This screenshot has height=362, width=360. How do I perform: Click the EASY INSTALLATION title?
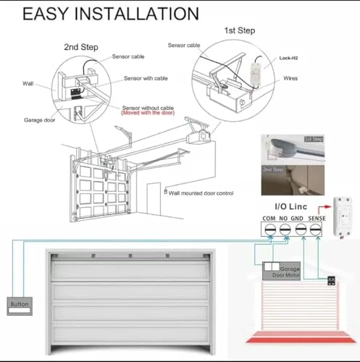tap(111, 14)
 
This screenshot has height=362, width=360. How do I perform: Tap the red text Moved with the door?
tap(159, 114)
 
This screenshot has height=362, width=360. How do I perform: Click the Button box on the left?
tap(19, 305)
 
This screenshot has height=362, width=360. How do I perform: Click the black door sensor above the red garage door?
tap(330, 281)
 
